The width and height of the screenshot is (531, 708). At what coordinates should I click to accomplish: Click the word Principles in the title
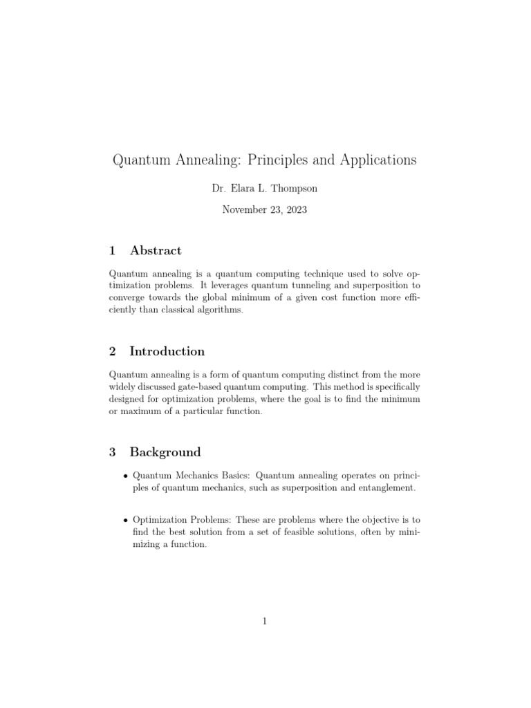point(283,160)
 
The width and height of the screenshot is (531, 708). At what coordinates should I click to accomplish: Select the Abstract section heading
point(156,250)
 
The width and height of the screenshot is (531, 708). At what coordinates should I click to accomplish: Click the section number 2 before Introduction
point(113,351)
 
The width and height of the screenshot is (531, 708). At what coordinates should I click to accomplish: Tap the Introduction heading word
point(167,351)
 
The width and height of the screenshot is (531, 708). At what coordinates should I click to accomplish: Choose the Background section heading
point(165,452)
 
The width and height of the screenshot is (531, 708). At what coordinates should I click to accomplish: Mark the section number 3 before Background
point(113,452)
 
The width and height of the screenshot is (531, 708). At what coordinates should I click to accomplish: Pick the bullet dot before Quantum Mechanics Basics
point(124,476)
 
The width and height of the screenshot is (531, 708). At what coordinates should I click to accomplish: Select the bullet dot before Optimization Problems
point(124,520)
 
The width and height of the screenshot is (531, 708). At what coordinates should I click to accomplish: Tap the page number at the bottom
point(265,621)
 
